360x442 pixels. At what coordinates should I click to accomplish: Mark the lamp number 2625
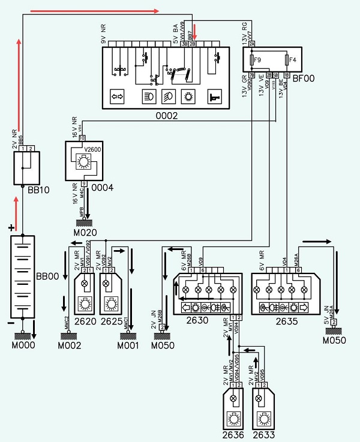click(112, 321)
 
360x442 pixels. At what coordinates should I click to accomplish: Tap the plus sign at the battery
click(10, 228)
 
